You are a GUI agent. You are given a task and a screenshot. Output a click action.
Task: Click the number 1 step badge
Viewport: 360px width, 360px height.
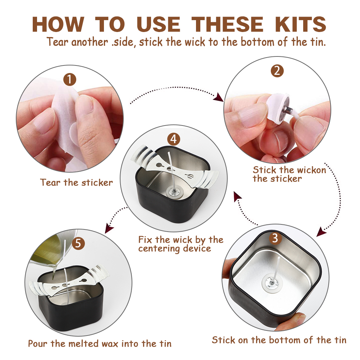coord(70,80)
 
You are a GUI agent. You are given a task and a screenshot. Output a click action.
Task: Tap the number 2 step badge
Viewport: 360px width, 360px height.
coord(277,71)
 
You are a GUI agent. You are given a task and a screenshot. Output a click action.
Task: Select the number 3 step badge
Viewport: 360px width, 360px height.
coord(275,238)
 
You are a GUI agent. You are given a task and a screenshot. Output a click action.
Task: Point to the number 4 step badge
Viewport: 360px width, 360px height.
coord(174,139)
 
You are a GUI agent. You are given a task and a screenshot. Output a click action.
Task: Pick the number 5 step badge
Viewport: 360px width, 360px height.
coord(78,243)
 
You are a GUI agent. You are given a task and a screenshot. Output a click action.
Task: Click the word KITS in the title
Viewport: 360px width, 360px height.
coord(301,24)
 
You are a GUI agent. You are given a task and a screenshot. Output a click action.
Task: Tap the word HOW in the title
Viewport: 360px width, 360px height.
coord(58,24)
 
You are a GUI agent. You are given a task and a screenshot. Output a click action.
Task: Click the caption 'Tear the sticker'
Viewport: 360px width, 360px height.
coord(77,183)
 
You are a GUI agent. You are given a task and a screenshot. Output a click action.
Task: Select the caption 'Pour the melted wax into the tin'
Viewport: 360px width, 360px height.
coord(100,344)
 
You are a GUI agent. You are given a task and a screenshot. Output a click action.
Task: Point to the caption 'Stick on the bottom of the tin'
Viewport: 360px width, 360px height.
coord(279,340)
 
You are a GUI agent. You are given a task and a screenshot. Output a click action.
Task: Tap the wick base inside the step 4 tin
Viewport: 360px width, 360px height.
coord(174,191)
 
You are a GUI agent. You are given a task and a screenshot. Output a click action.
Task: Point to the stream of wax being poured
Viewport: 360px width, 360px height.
coord(54,272)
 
